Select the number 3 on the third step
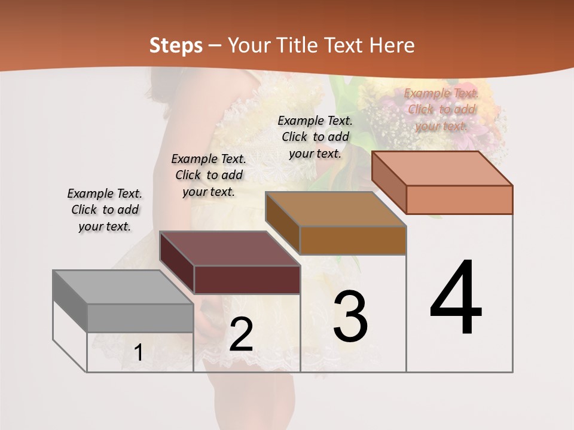[x=350, y=316]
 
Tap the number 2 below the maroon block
[x=241, y=334]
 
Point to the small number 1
[x=138, y=352]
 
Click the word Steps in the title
[x=176, y=45]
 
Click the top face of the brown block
[x=335, y=209]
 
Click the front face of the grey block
[x=140, y=318]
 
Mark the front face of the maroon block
[x=247, y=279]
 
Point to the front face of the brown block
[x=353, y=240]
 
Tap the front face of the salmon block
[x=459, y=199]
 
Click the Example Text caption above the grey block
[x=105, y=210]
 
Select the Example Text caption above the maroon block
[x=209, y=175]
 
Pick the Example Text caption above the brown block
[x=315, y=137]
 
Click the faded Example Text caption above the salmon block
[x=441, y=109]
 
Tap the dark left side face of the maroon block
[x=177, y=263]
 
